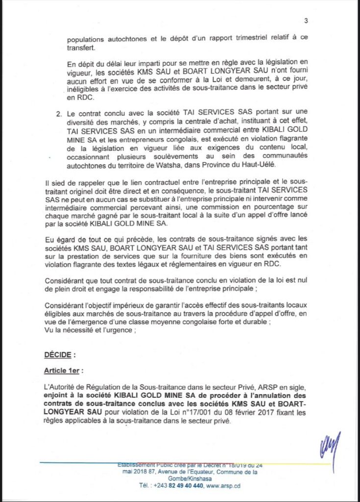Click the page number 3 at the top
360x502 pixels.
306,21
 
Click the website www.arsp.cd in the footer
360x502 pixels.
226,486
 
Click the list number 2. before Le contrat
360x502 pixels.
58,114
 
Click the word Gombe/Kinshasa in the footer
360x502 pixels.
180,478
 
